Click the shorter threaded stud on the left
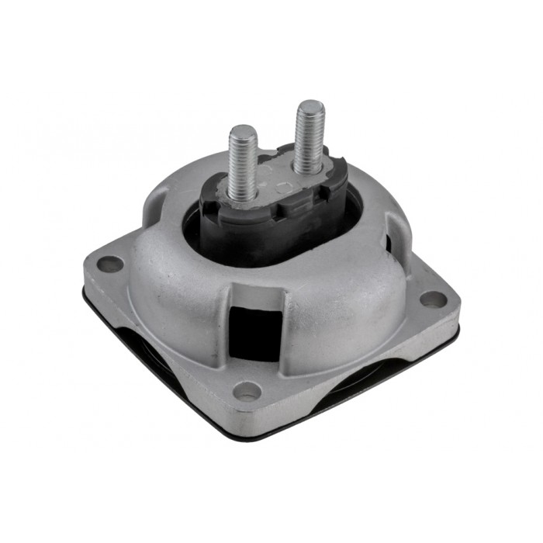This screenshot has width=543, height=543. tap(243, 159)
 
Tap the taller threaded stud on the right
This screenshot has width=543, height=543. tap(310, 136)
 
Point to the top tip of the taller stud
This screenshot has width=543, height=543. tap(310, 104)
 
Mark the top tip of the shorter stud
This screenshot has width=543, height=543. tap(243, 129)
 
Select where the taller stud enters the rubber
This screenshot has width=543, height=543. tap(308, 169)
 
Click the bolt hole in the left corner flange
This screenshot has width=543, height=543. tap(109, 264)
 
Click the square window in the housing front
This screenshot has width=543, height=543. tap(254, 330)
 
